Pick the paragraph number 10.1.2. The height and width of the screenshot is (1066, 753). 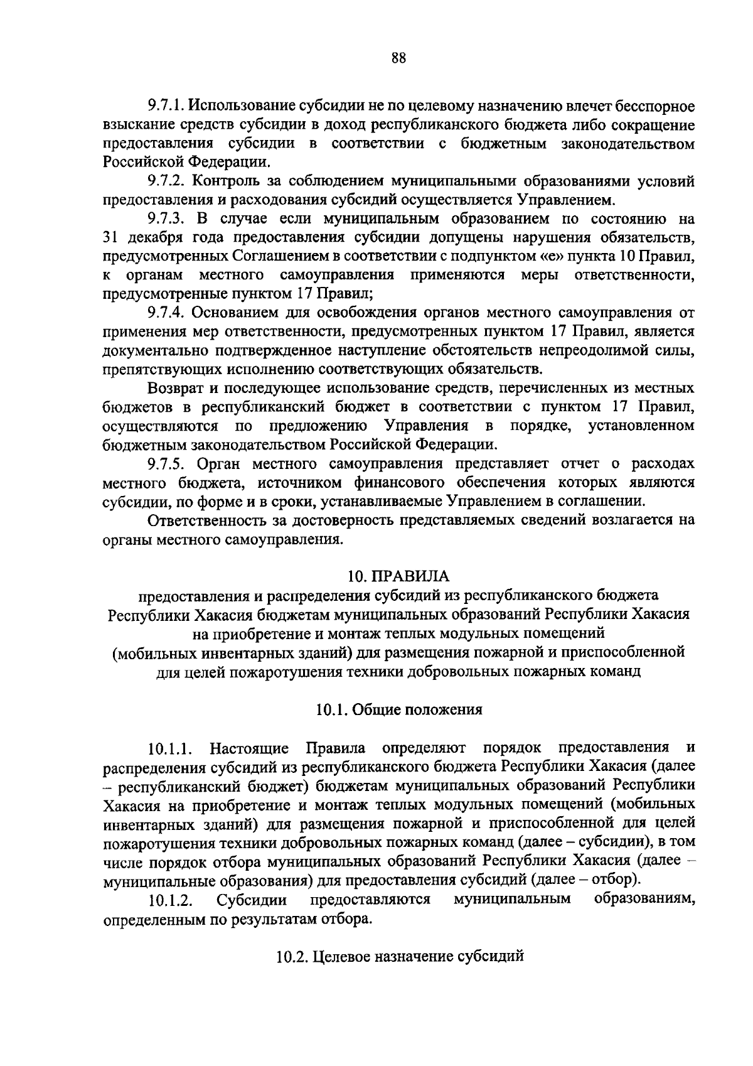[170, 901]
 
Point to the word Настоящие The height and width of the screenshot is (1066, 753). [249, 748]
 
